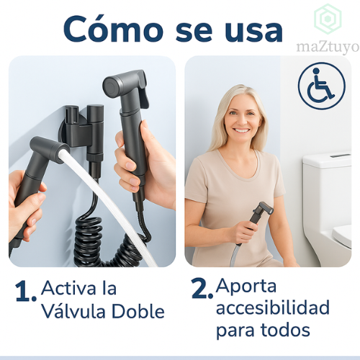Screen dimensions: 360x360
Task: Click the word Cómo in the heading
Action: pos(113,29)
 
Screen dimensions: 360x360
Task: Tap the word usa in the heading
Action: pos(253,32)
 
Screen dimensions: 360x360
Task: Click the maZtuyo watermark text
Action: pos(328,48)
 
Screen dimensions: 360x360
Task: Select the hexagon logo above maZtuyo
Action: pos(328,19)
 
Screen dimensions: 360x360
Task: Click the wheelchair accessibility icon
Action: pos(322,86)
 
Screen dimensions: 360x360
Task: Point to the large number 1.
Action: pos(23,292)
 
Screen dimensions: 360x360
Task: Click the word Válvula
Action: pos(73,311)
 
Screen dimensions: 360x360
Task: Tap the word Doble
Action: pos(138,311)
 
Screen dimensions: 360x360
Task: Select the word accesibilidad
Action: pos(273,307)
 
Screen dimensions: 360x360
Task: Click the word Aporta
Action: pos(246,287)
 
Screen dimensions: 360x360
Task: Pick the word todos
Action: pos(285,330)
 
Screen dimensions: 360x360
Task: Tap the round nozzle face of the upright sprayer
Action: pos(111,86)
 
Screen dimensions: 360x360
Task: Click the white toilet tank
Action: pos(327,192)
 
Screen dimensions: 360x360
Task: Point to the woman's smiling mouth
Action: pos(242,131)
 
